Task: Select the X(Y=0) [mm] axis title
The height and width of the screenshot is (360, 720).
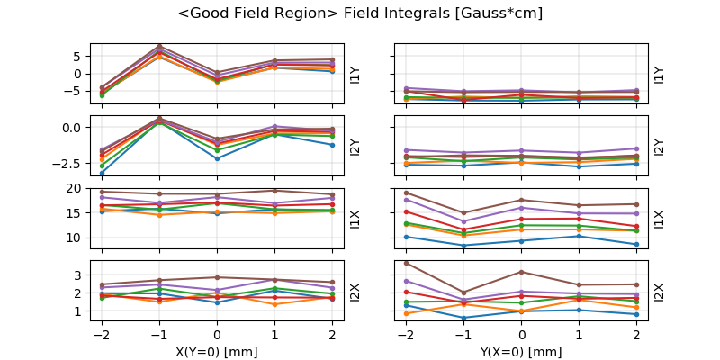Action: click(x=218, y=352)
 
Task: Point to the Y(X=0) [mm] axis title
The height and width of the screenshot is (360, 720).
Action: click(x=523, y=352)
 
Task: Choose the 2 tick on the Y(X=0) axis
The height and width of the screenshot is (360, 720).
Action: click(x=637, y=334)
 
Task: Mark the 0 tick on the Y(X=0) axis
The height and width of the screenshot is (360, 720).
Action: click(x=522, y=334)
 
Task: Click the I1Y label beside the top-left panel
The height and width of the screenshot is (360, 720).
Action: click(x=355, y=74)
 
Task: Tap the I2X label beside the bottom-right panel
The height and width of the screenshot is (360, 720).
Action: click(x=660, y=292)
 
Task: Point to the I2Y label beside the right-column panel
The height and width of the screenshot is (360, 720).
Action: click(x=660, y=146)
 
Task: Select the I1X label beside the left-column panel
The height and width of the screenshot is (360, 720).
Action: click(x=355, y=219)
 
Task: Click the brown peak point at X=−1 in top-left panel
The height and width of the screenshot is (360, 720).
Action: click(x=159, y=45)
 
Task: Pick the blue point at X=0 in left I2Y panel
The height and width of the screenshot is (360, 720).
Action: click(x=218, y=158)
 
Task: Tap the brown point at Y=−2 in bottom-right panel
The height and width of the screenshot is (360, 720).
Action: click(x=407, y=263)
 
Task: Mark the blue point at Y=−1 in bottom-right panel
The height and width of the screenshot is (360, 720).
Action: click(x=463, y=318)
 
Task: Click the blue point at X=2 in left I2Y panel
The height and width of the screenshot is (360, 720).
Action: click(x=333, y=145)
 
